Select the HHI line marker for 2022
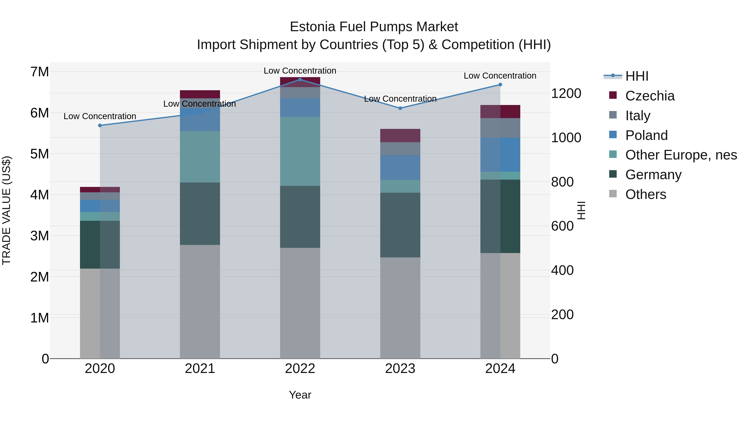tap(300, 80)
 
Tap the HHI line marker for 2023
tap(400, 108)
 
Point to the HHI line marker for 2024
tap(500, 85)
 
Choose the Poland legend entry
tap(646, 135)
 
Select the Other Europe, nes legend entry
tap(681, 155)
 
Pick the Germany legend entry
tap(653, 175)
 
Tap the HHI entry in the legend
tap(636, 76)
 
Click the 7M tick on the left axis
tap(40, 72)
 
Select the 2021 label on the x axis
tap(200, 369)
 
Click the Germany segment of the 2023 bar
tap(400, 225)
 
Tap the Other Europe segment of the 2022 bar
tap(300, 151)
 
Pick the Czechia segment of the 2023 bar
tap(400, 135)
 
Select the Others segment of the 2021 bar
tap(200, 302)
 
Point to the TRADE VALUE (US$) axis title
tap(6, 210)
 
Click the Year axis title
tap(300, 395)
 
